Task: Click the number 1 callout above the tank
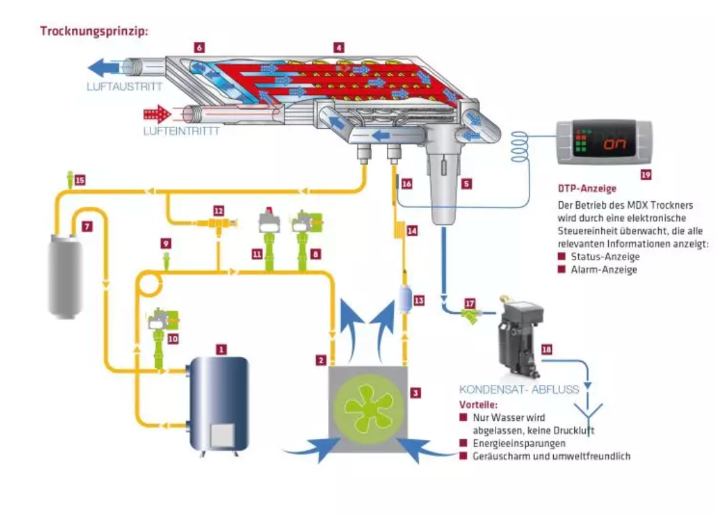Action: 221,350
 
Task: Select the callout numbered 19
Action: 646,175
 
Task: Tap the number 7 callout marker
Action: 87,226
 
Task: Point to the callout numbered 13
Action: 419,301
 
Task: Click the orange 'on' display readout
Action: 615,144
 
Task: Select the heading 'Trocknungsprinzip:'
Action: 94,31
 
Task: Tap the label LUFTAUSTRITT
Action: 125,86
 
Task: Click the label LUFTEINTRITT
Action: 182,131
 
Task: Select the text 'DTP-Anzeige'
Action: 587,188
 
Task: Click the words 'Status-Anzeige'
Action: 605,257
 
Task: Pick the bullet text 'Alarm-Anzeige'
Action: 604,270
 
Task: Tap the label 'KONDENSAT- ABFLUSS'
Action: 519,390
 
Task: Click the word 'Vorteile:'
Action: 479,405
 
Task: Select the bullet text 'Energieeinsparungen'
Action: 519,443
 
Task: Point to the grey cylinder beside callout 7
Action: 66,276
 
